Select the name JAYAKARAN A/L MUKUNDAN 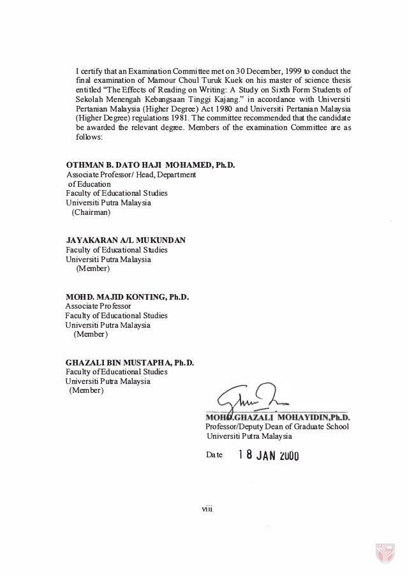[x=126, y=240]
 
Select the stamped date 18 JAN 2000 [x=268, y=455]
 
